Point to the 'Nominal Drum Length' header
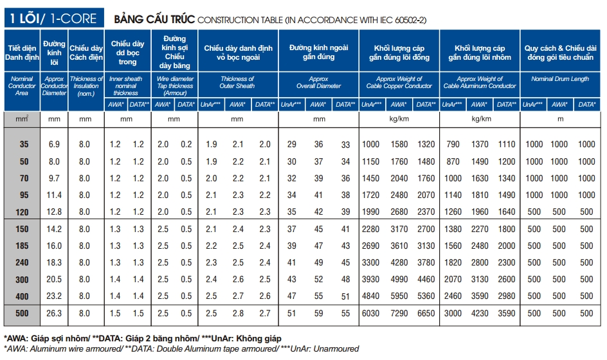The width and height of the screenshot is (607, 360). [559, 79]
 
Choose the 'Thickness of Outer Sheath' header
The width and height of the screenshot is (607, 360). [237, 82]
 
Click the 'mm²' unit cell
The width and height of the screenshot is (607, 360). [22, 119]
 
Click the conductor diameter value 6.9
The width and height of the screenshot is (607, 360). [54, 145]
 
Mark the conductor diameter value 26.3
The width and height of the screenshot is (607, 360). [54, 313]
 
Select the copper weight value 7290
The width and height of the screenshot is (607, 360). [399, 313]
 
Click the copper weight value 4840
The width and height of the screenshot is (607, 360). [371, 296]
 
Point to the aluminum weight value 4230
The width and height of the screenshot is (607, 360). [480, 313]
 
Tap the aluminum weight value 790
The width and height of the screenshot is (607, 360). [453, 145]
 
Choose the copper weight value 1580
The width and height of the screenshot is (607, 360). [399, 145]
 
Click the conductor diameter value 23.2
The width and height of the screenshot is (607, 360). [54, 296]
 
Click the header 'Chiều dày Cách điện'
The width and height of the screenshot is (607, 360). [86, 53]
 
